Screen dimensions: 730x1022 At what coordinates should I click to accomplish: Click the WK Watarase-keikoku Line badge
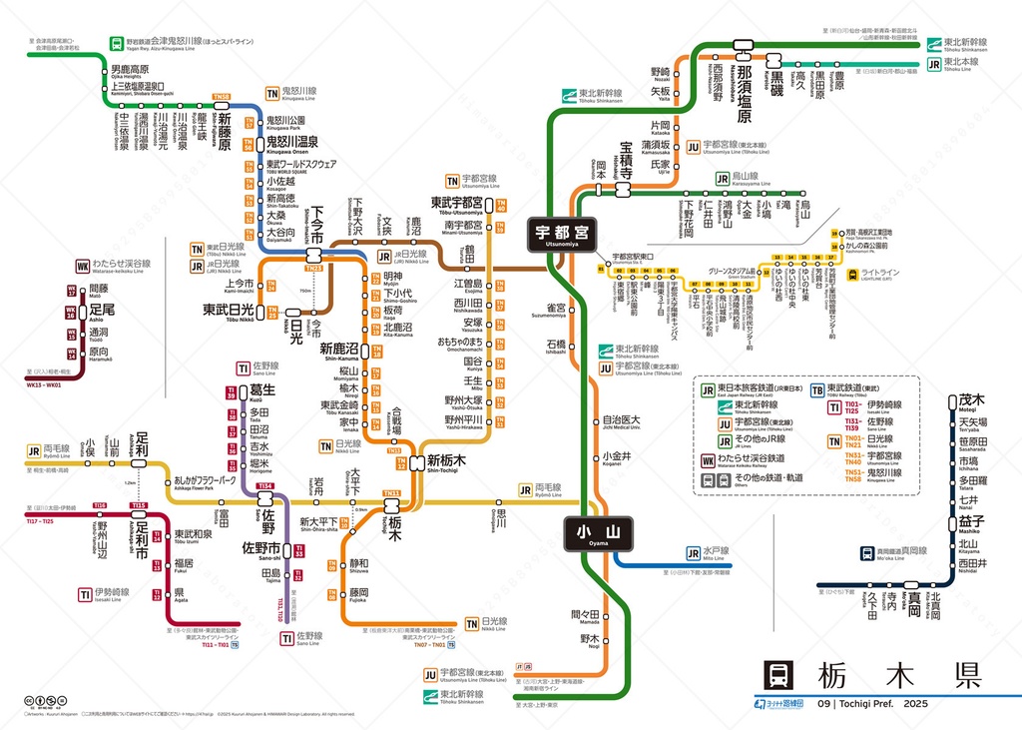pyautogui.click(x=81, y=266)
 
